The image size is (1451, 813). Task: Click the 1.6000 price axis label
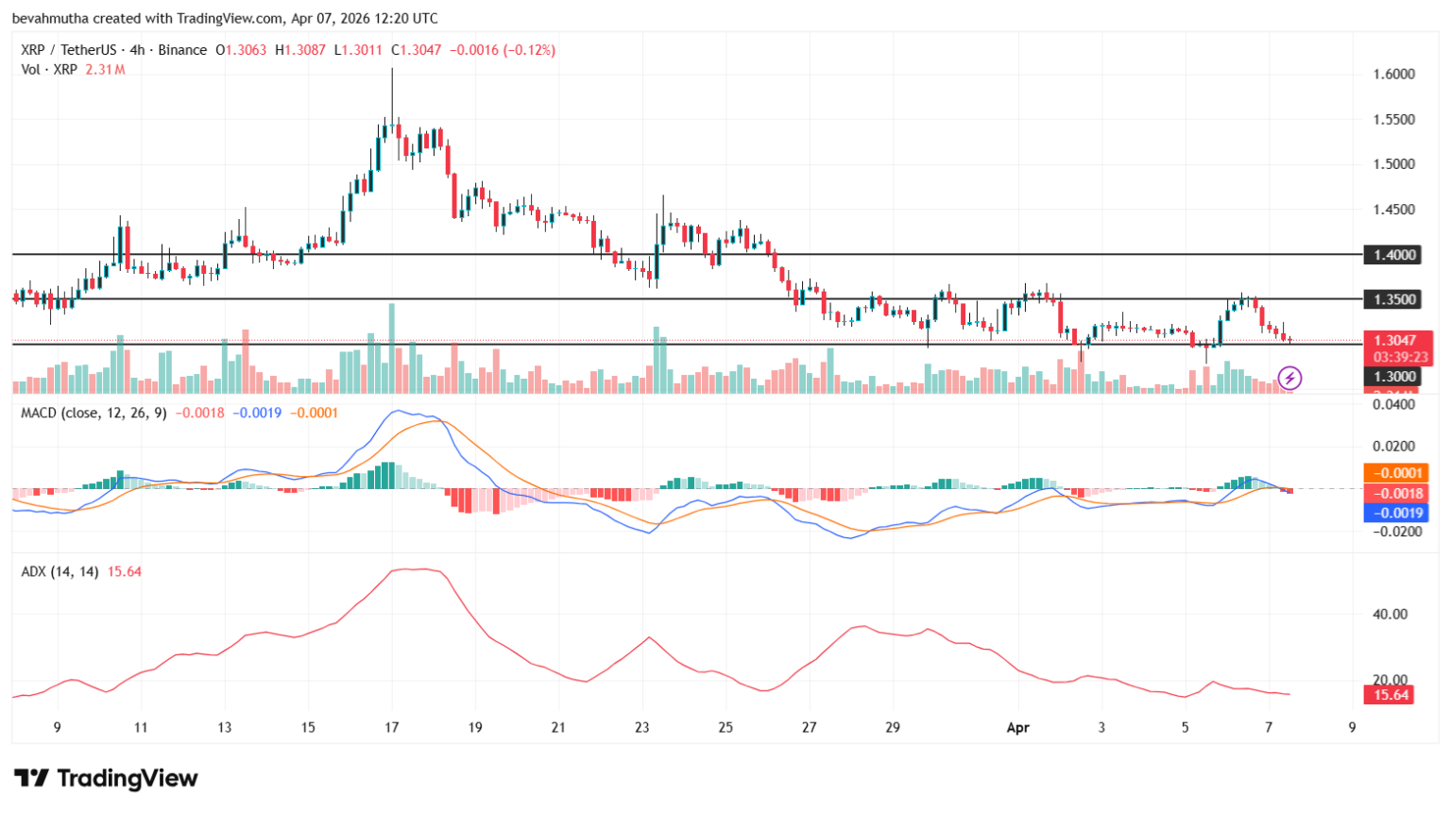coord(1393,75)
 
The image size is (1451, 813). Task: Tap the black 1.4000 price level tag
coord(1393,255)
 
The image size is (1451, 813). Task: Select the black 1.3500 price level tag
coord(1393,299)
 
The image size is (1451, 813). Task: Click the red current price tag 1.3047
coord(1397,341)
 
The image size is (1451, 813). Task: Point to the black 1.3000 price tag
coord(1393,377)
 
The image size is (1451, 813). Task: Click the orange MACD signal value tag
coord(1396,473)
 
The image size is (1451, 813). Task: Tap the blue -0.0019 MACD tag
coord(1396,513)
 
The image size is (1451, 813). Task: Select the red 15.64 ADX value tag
coord(1390,695)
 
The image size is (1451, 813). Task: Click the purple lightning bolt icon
coord(1289,379)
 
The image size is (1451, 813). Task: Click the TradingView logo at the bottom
coord(106,778)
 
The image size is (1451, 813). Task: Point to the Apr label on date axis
coord(1017,727)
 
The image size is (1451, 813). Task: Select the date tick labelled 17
coord(392,727)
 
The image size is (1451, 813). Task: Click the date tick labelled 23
coord(642,727)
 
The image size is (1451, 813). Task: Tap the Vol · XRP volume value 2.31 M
coord(105,70)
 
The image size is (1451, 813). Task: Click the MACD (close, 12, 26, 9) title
coord(94,413)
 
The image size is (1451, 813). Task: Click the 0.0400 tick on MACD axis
coord(1393,405)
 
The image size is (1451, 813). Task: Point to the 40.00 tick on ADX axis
coord(1390,614)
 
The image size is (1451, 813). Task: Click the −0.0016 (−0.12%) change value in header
coord(502,50)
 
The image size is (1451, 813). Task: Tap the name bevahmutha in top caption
coord(49,18)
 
